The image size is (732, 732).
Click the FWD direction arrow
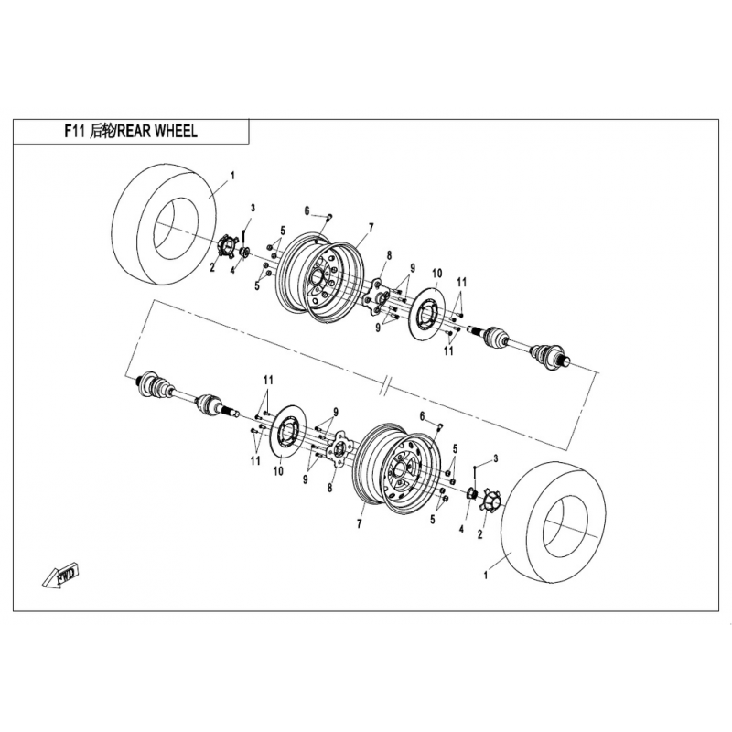(x=60, y=576)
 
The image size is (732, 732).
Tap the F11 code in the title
(x=74, y=131)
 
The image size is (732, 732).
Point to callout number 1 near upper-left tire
(x=233, y=176)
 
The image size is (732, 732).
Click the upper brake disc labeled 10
(x=426, y=314)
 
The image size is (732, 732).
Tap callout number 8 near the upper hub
(x=389, y=255)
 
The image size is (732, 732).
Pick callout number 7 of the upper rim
(x=371, y=228)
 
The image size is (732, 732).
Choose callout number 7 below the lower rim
(x=359, y=524)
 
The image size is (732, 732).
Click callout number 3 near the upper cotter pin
(x=253, y=208)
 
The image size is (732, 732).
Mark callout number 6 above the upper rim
(x=307, y=211)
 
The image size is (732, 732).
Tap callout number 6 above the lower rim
(x=423, y=416)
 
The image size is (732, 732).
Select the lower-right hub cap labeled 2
(x=489, y=501)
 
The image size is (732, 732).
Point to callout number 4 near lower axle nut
(x=461, y=530)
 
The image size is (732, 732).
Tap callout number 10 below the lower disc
(x=278, y=471)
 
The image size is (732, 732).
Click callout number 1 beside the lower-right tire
(x=486, y=576)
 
